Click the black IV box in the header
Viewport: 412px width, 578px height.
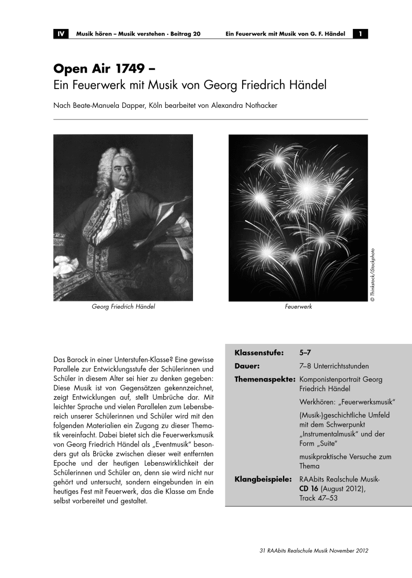(x=61, y=34)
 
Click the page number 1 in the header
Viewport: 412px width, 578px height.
(x=360, y=34)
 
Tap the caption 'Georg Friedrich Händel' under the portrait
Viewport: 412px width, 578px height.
(x=123, y=306)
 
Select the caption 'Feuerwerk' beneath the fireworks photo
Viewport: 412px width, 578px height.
(x=298, y=306)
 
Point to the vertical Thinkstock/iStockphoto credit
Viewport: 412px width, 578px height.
(x=372, y=274)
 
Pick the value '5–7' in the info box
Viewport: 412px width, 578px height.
(x=305, y=352)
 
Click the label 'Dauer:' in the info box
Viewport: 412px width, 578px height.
(x=247, y=366)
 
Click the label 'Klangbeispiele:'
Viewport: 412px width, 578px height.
(x=263, y=480)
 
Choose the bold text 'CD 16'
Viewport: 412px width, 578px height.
(x=309, y=489)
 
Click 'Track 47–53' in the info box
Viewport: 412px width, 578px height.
(x=318, y=498)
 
